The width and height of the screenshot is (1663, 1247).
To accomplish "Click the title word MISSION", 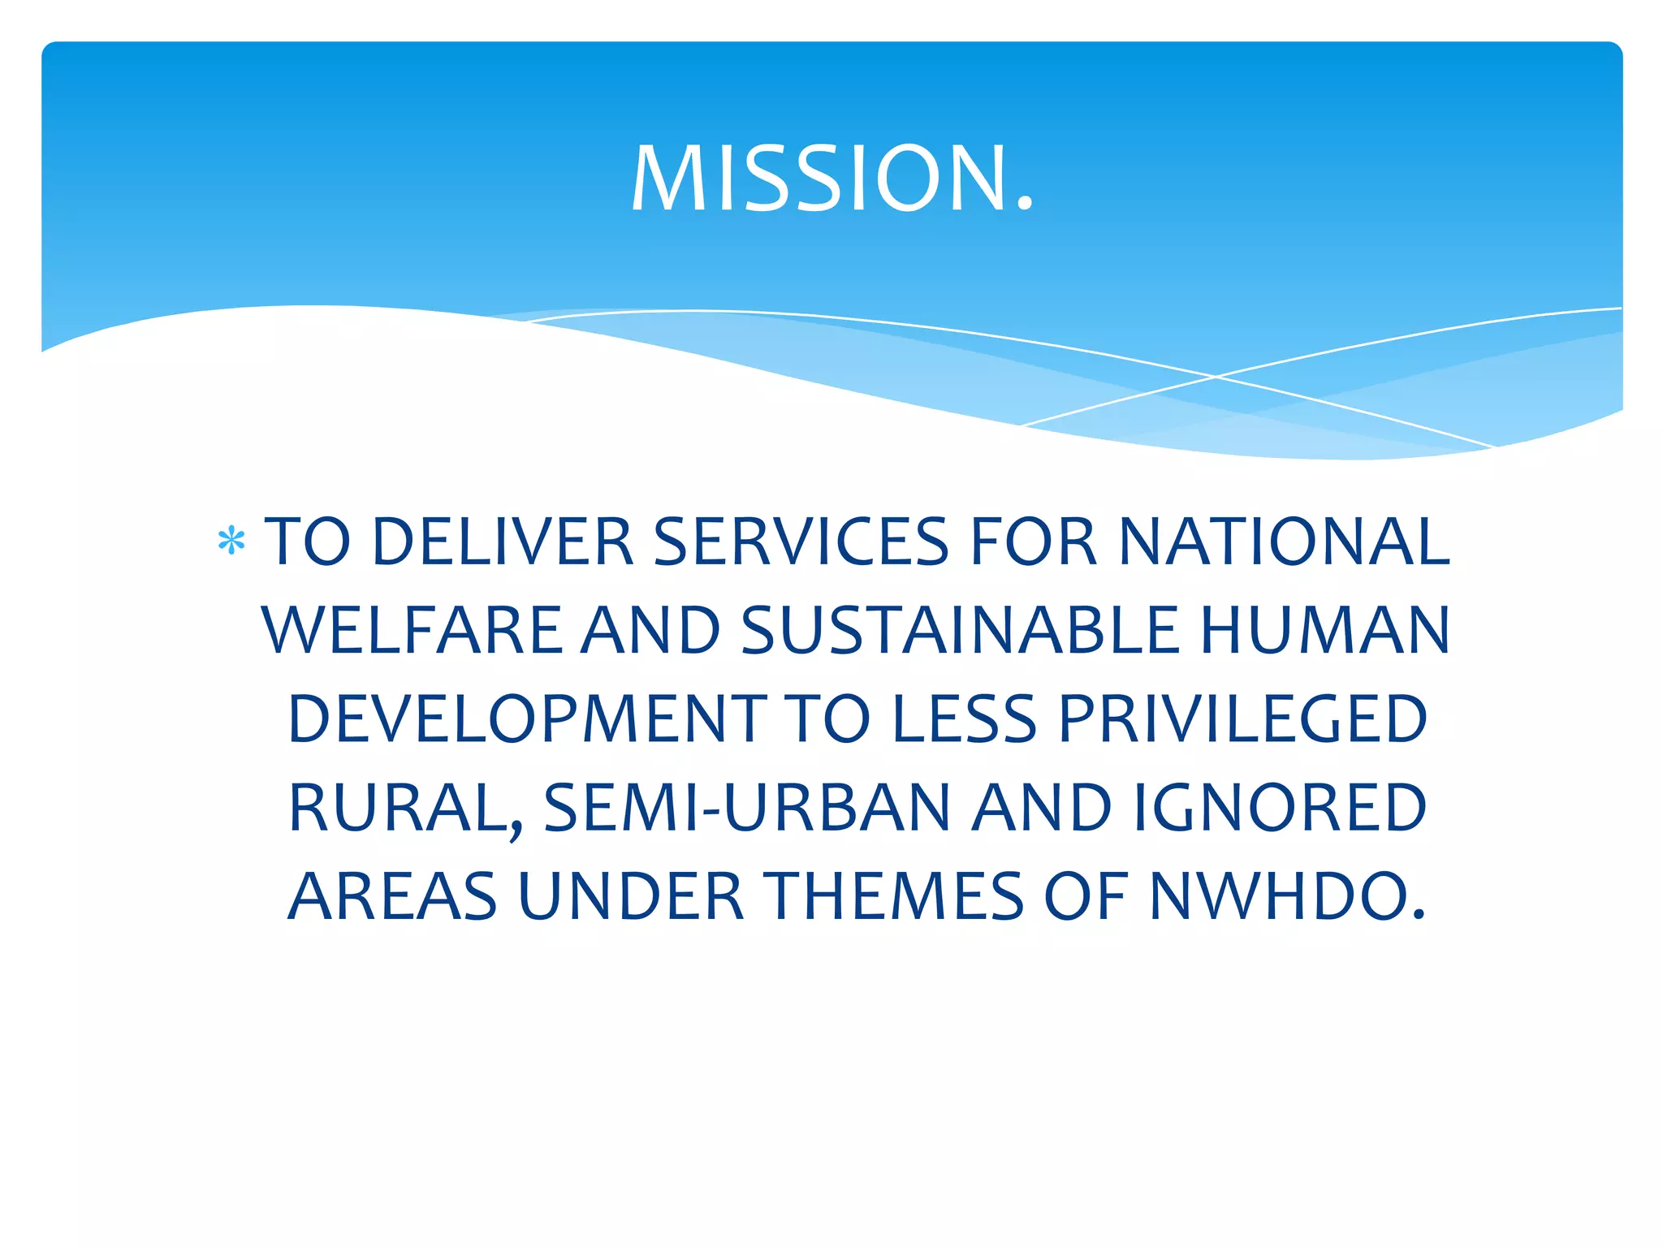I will click(831, 179).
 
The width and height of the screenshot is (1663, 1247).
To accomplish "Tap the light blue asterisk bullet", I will click(231, 542).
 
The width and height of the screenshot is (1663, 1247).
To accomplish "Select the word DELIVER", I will click(502, 542).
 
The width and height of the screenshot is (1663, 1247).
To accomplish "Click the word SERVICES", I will click(801, 542).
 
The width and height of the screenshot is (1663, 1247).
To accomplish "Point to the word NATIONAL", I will click(1284, 542).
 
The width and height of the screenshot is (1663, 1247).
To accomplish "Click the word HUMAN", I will click(1324, 631).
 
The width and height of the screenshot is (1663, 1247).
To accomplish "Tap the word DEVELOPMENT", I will click(527, 720).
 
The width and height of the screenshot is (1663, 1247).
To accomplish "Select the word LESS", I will click(964, 720).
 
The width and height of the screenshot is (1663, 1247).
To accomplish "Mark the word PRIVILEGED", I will click(1242, 720).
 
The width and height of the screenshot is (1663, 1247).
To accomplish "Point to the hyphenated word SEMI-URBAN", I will click(746, 809).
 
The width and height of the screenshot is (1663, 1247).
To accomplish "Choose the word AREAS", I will click(392, 897).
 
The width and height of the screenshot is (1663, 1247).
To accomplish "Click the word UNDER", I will click(631, 897).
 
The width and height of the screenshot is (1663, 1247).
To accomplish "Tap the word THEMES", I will click(898, 897).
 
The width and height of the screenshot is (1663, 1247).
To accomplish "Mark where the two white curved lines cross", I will click(1216, 377).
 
